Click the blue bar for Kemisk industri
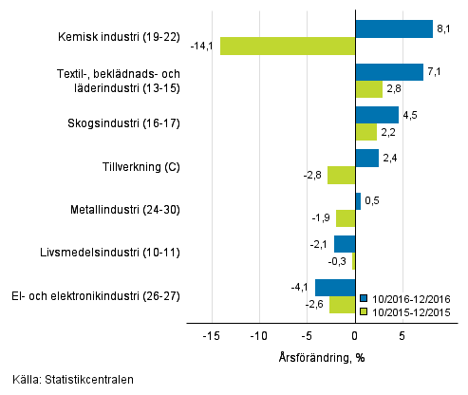[393, 29]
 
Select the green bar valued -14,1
[288, 46]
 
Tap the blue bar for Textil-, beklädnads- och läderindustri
[388, 72]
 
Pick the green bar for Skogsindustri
[365, 131]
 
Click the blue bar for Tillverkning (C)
[366, 158]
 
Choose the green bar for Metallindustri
[346, 217]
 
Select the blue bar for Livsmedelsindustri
[345, 243]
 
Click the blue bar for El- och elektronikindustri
[335, 286]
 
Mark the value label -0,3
[338, 260]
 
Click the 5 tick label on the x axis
[402, 335]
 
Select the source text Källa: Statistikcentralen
[67, 380]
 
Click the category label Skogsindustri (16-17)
[124, 123]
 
